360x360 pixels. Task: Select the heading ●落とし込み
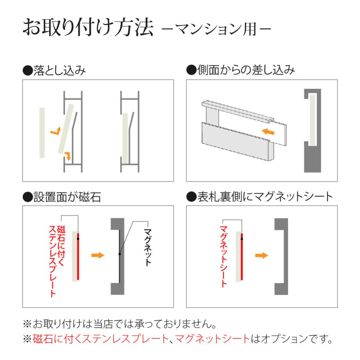[54, 71]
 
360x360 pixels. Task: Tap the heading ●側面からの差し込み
[241, 71]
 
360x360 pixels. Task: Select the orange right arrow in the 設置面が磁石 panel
[97, 255]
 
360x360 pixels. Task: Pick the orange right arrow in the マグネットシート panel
[261, 255]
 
